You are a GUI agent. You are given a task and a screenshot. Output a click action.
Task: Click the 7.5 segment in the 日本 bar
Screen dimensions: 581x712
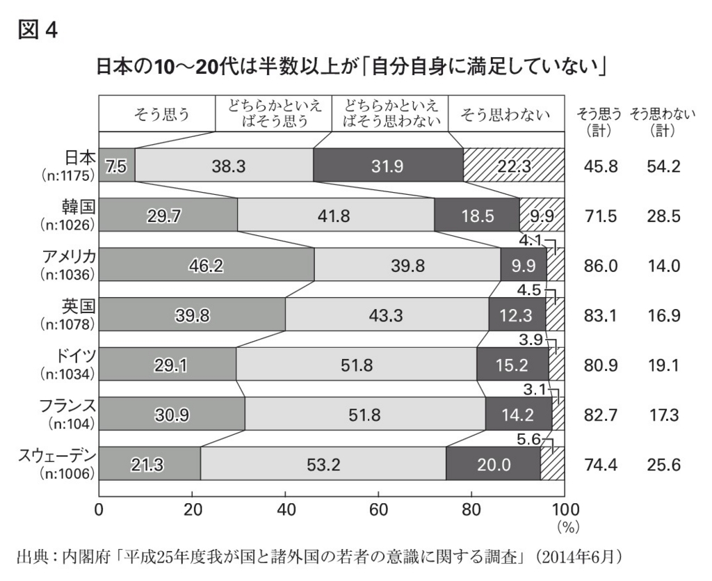pyautogui.click(x=116, y=166)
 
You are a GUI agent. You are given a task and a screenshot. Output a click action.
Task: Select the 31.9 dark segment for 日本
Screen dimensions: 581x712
pyautogui.click(x=388, y=166)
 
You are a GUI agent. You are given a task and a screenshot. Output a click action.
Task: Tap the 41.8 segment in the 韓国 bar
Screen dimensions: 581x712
pyautogui.click(x=335, y=216)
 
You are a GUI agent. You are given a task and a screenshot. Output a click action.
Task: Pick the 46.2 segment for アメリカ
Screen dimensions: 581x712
pyautogui.click(x=207, y=265)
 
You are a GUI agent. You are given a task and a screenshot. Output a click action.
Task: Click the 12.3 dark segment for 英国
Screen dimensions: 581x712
pyautogui.click(x=517, y=315)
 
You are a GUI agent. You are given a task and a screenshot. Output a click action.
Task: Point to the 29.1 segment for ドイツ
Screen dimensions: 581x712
pyautogui.click(x=168, y=365)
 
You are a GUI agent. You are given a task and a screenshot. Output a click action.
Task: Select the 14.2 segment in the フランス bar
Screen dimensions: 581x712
pyautogui.click(x=518, y=415)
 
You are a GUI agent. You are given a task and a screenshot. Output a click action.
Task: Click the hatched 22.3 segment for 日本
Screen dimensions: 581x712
pyautogui.click(x=513, y=166)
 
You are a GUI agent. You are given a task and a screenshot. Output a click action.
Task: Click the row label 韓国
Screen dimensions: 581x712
pyautogui.click(x=78, y=207)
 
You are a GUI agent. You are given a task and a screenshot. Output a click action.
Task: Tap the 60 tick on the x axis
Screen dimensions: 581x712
pyautogui.click(x=378, y=509)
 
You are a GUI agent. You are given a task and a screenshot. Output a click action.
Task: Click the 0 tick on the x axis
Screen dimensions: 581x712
pyautogui.click(x=99, y=509)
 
